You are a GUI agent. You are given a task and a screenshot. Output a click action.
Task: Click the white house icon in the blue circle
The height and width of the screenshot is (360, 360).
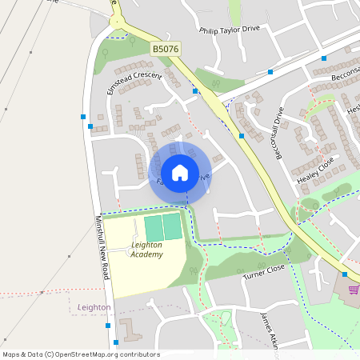(x=180, y=172)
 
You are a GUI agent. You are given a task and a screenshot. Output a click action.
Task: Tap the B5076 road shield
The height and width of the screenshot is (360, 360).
(x=165, y=50)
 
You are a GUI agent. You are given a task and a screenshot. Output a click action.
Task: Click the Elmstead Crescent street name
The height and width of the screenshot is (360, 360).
(x=134, y=82)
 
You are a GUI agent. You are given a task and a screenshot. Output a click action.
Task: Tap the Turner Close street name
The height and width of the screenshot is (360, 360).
(x=264, y=272)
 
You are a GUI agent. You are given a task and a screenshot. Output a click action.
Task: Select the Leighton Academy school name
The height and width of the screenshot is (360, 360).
(x=146, y=250)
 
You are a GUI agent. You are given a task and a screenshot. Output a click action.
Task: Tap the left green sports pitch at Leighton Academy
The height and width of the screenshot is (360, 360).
(x=153, y=227)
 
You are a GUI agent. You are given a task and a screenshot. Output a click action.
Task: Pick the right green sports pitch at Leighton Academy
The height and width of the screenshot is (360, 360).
(x=172, y=226)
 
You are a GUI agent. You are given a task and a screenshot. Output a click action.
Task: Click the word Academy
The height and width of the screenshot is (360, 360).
(x=147, y=254)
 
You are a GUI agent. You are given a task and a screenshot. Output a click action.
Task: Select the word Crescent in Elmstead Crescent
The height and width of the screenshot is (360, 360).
(x=148, y=77)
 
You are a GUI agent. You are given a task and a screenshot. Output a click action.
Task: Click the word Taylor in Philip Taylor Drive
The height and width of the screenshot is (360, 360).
(x=232, y=31)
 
